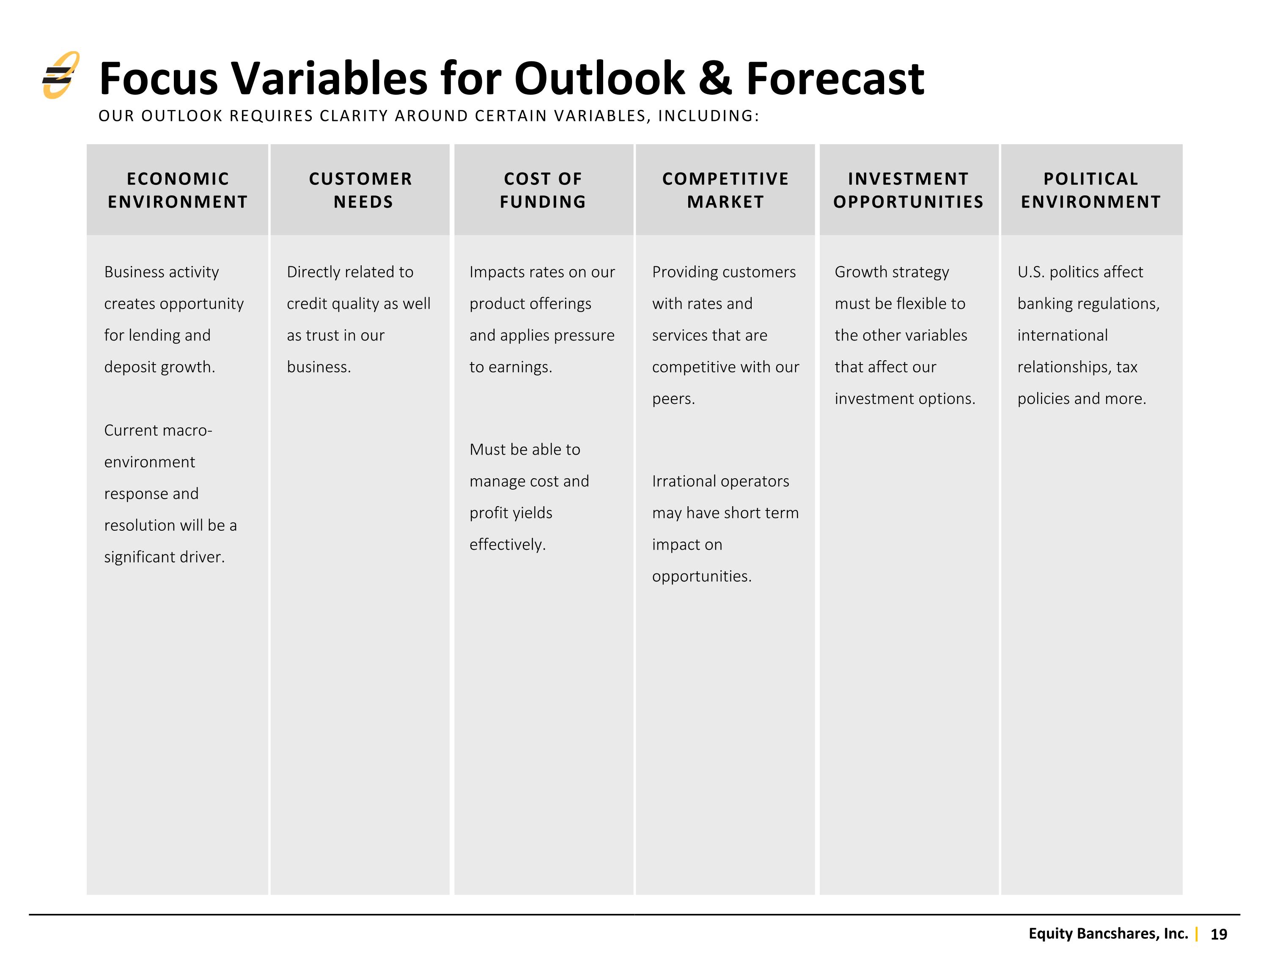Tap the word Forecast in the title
tap(835, 78)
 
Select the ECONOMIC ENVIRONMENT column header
tap(178, 190)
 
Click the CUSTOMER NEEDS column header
tap(360, 190)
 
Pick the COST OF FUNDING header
tap(543, 190)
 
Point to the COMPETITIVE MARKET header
tap(726, 190)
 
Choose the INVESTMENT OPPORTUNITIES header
tap(909, 190)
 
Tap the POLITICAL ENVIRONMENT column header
tap(1091, 190)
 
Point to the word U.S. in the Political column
tap(1031, 272)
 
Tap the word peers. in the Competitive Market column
tap(673, 399)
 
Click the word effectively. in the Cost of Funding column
tap(508, 545)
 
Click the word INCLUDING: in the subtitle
tap(708, 116)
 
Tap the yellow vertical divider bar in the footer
tap(1197, 934)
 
